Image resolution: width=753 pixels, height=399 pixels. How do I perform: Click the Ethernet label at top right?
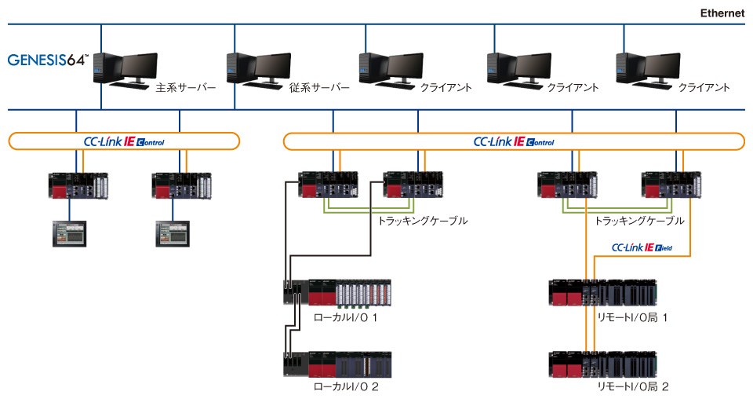coord(722,13)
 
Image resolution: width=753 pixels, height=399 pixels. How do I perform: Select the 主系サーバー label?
coord(186,88)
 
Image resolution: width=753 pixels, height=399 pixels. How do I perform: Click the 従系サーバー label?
coord(319,88)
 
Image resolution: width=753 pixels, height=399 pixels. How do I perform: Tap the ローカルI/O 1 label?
coord(346,317)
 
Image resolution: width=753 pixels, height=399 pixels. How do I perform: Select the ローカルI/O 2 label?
coord(346,386)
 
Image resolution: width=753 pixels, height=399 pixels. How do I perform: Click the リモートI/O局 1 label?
coord(632,317)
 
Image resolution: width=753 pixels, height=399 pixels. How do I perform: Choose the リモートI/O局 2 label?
coord(632,386)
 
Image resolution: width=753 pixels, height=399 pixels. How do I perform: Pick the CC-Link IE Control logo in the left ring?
coord(124,142)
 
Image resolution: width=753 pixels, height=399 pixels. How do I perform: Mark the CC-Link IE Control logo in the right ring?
coord(514,142)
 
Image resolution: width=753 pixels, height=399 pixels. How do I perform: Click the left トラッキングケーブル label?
coord(423,221)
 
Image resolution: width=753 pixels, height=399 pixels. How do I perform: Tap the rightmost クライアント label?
coord(704,88)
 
